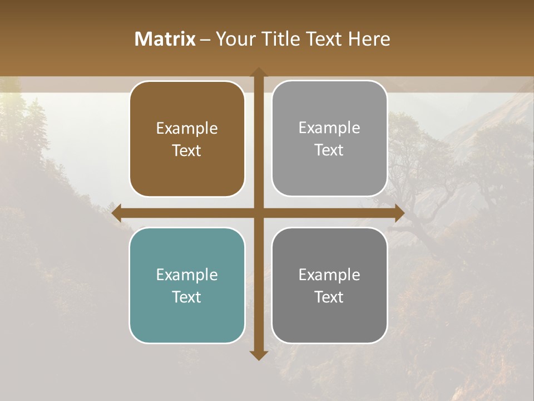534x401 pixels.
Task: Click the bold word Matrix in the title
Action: [x=165, y=39]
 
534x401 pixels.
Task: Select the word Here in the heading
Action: [x=369, y=39]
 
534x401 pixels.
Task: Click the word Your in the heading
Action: [x=233, y=39]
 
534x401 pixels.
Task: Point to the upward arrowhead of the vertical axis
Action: [x=259, y=72]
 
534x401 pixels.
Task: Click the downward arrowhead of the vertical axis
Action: [x=259, y=355]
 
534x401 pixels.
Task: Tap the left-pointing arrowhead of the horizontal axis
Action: [x=117, y=213]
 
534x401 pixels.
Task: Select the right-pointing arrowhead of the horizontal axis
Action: [x=399, y=213]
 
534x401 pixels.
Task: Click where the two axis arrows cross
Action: [x=259, y=213]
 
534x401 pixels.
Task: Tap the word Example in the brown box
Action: [x=187, y=129]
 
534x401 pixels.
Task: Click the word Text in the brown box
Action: [x=187, y=150]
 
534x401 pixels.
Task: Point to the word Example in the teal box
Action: [x=187, y=275]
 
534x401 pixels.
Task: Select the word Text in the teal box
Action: [x=187, y=297]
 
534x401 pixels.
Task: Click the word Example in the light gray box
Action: [x=329, y=128]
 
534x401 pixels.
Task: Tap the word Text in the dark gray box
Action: [x=329, y=297]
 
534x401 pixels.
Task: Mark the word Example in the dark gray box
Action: [x=329, y=275]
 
